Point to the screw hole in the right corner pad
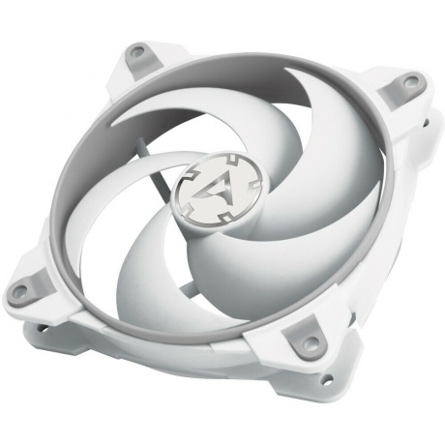[393, 89]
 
